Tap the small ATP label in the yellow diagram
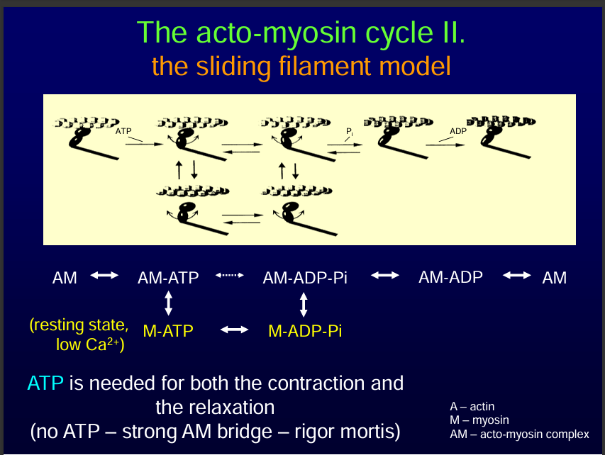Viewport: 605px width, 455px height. coord(123,131)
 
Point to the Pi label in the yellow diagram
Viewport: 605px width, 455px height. coord(349,132)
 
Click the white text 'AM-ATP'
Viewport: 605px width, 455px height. coord(168,278)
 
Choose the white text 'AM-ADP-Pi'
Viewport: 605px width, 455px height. coord(305,278)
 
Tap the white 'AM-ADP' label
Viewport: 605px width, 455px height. coord(450,277)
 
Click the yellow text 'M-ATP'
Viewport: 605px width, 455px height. coord(168,330)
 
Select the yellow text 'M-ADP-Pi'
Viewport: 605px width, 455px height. coord(305,330)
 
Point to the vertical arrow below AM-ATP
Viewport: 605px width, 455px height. coord(168,304)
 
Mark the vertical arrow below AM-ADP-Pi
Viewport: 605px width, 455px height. coord(304,304)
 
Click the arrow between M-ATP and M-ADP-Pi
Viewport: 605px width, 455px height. coord(234,330)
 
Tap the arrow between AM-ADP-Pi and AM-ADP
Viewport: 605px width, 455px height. coord(385,276)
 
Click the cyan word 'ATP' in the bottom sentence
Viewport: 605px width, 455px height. coord(45,383)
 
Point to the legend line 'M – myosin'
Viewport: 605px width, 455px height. coord(479,420)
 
